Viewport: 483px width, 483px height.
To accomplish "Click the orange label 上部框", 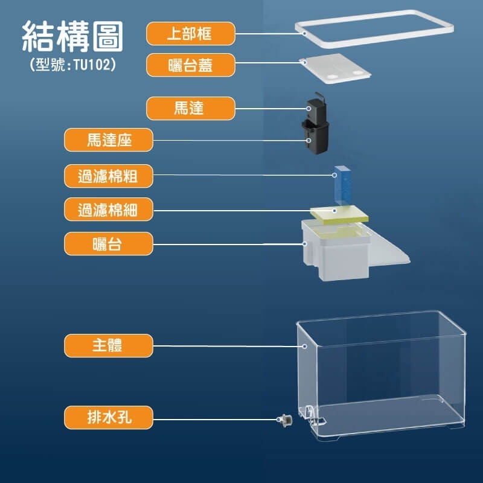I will (190, 33).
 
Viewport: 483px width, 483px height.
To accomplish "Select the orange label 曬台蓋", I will (190, 65).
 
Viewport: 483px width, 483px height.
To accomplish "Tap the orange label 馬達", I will (190, 109).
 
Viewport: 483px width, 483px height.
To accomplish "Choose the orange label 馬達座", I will (109, 141).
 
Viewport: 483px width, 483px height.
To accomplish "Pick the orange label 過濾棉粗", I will (109, 176).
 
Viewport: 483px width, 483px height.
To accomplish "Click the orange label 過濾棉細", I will (109, 210).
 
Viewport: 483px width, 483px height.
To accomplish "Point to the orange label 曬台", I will (109, 244).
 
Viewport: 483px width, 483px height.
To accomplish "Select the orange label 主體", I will (109, 346).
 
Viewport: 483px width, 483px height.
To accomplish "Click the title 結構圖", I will (72, 37).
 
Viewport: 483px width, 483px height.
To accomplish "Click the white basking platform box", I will (336, 254).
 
